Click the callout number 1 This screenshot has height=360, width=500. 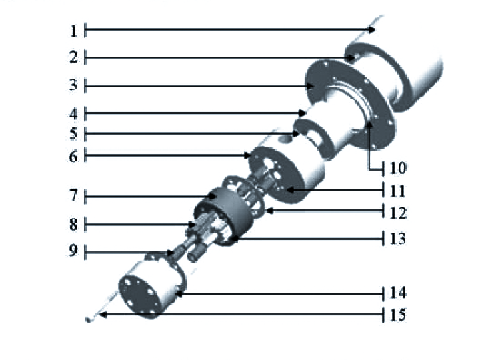coord(73,31)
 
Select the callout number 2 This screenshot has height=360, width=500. coord(73,57)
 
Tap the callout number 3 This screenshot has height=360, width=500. coord(73,85)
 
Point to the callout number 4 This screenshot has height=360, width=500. coord(73,114)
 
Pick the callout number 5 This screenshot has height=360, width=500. coord(73,134)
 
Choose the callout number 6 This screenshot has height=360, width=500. coord(73,157)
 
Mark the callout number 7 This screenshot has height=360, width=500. coord(73,195)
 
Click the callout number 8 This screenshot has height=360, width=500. coord(73,224)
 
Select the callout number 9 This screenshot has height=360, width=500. coord(73,251)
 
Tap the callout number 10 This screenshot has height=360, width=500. coord(398,168)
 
